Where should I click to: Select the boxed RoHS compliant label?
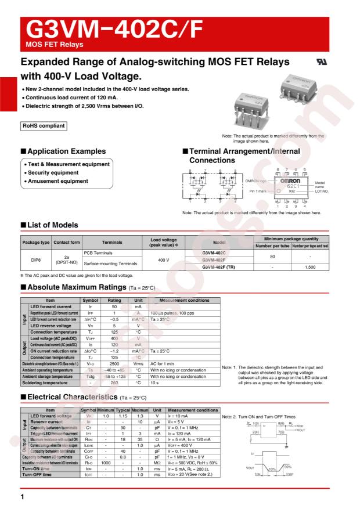click(43, 125)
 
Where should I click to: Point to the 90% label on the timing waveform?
click(287, 467)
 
